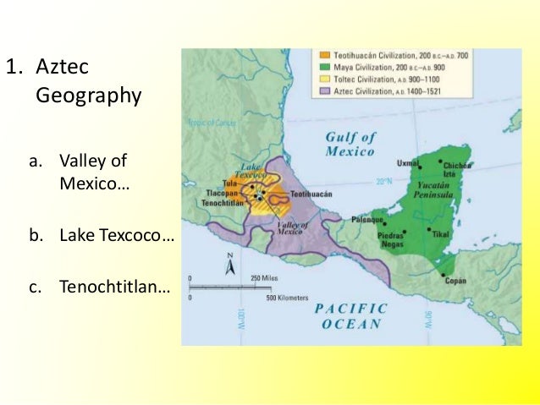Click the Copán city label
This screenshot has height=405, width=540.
tap(455, 281)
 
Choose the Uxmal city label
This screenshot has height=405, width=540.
tap(409, 162)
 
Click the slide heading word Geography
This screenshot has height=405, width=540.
tap(89, 96)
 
